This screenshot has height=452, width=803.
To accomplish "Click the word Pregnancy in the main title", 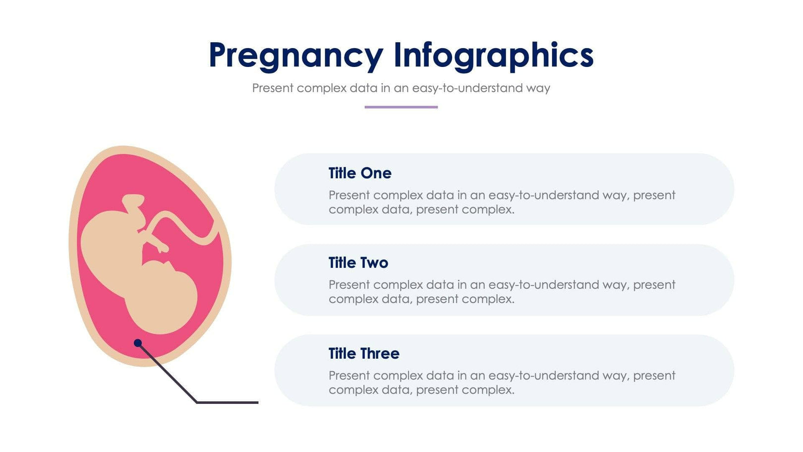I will pos(295,56).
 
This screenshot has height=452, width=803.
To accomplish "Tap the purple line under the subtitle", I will pos(401,107).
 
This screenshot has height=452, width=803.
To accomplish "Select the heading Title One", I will pos(360,173).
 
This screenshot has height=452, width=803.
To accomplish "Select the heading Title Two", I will pos(358,263).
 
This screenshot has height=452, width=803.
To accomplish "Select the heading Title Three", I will pos(364,354).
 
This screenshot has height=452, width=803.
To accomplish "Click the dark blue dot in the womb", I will pos(138,343).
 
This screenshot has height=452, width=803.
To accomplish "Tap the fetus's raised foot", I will pos(133,201).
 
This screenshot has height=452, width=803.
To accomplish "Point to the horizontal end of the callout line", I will pos(228,402).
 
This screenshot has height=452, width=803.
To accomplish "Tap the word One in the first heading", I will pos(376,173).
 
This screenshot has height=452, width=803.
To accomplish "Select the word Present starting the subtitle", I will pos(273,88).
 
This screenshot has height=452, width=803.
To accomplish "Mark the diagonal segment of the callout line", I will pos(168,373).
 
